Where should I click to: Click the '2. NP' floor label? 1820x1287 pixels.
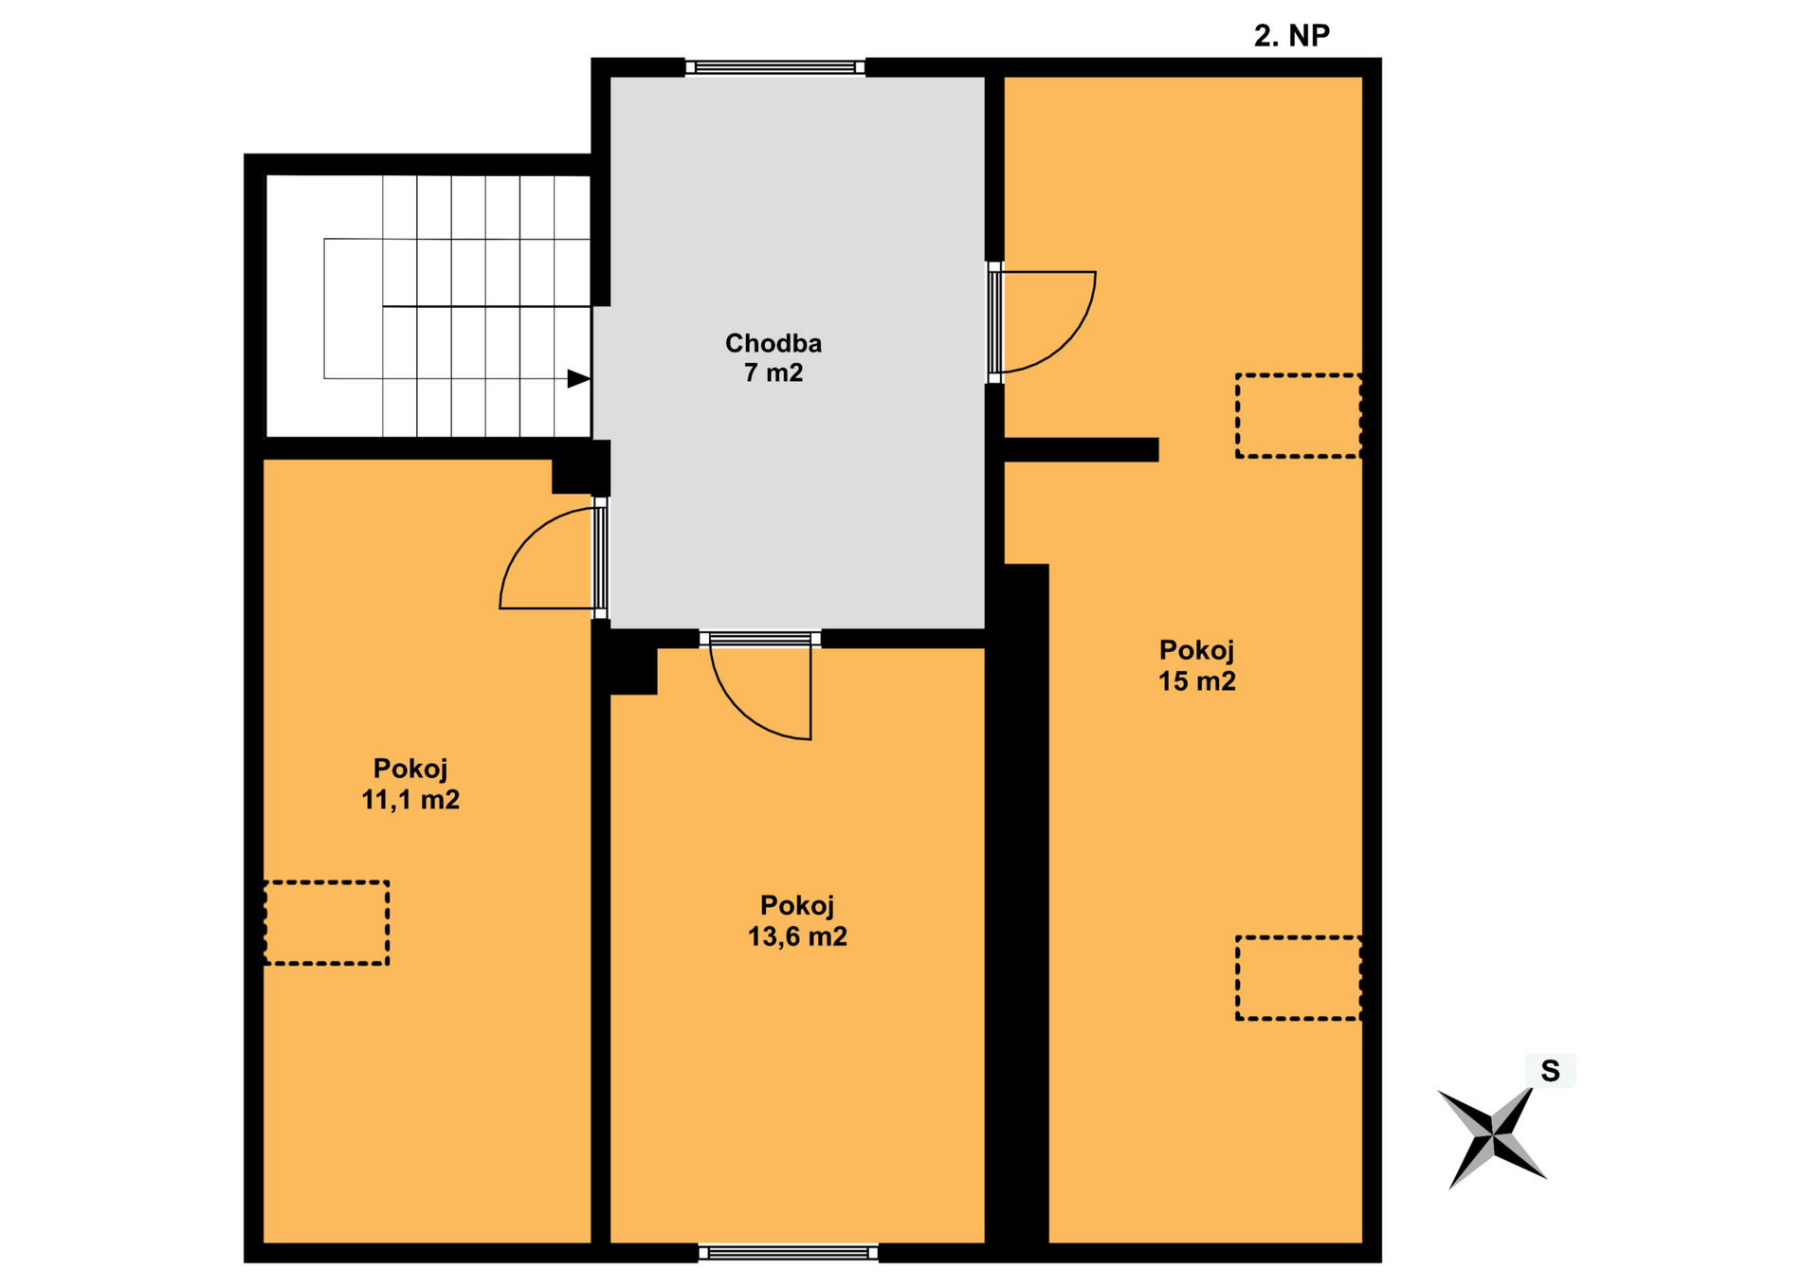click(x=1291, y=35)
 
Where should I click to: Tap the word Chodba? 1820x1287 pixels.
click(x=773, y=343)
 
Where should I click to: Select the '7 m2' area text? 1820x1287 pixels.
click(x=773, y=372)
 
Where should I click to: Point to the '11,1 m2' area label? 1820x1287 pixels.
click(x=410, y=800)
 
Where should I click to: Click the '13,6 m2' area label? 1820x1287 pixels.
click(x=797, y=936)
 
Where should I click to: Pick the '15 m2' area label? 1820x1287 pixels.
click(x=1197, y=681)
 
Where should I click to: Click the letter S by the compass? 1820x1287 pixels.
click(x=1550, y=1071)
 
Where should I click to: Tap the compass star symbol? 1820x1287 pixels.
click(x=1492, y=1135)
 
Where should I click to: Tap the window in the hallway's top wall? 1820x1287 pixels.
click(x=775, y=67)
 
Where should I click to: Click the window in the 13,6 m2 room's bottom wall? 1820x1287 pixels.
click(x=789, y=1253)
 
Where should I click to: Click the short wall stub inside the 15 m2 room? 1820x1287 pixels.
click(x=1081, y=449)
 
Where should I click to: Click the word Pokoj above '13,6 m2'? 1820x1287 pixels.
click(x=797, y=906)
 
